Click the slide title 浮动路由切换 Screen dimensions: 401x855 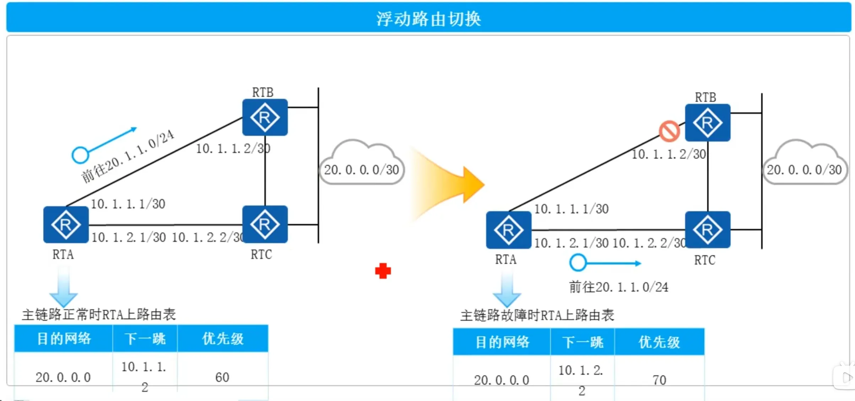click(x=428, y=18)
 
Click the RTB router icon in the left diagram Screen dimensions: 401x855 click(x=265, y=117)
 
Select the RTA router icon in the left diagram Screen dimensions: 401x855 click(x=66, y=224)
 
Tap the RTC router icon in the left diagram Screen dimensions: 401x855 click(x=265, y=224)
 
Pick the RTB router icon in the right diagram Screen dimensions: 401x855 click(x=708, y=123)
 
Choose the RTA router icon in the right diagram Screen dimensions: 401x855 click(x=509, y=230)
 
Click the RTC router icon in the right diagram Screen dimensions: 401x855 click(x=708, y=229)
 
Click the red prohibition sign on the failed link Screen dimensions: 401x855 click(x=669, y=131)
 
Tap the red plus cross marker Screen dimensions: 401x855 click(x=383, y=271)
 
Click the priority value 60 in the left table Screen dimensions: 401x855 click(x=222, y=377)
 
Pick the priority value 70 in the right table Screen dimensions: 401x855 click(x=659, y=380)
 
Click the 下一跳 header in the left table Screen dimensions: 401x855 click(x=145, y=338)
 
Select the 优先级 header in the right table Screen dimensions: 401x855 click(x=659, y=342)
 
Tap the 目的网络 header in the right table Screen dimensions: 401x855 click(x=502, y=342)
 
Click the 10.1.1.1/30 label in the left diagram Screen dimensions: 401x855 click(x=128, y=204)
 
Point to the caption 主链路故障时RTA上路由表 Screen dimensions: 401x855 click(x=537, y=315)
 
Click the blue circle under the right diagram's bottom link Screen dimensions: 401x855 click(x=578, y=263)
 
